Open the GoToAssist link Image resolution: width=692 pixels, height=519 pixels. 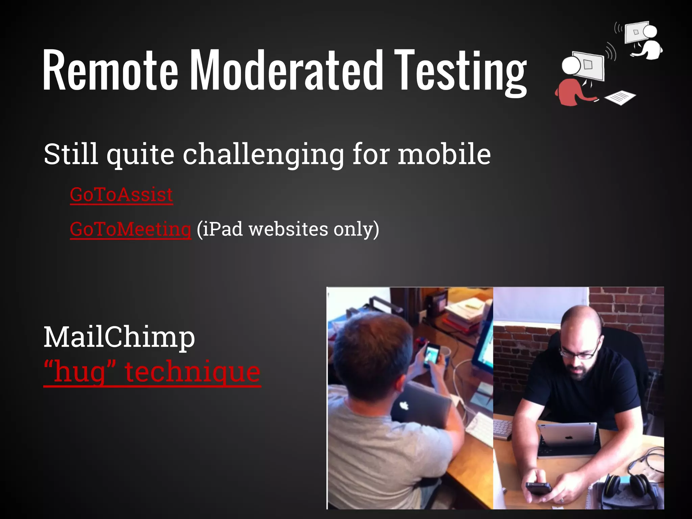[x=121, y=195]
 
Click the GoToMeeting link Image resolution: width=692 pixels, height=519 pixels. [x=130, y=229]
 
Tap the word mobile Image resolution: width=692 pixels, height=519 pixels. [x=444, y=154]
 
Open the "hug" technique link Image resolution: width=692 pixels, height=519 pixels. [x=152, y=372]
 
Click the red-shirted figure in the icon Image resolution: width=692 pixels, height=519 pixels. [x=571, y=91]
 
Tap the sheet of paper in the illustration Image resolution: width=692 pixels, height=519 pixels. [x=620, y=97]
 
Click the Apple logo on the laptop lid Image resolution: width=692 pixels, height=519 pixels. [x=404, y=405]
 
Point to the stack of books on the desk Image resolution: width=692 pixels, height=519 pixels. [x=463, y=314]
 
